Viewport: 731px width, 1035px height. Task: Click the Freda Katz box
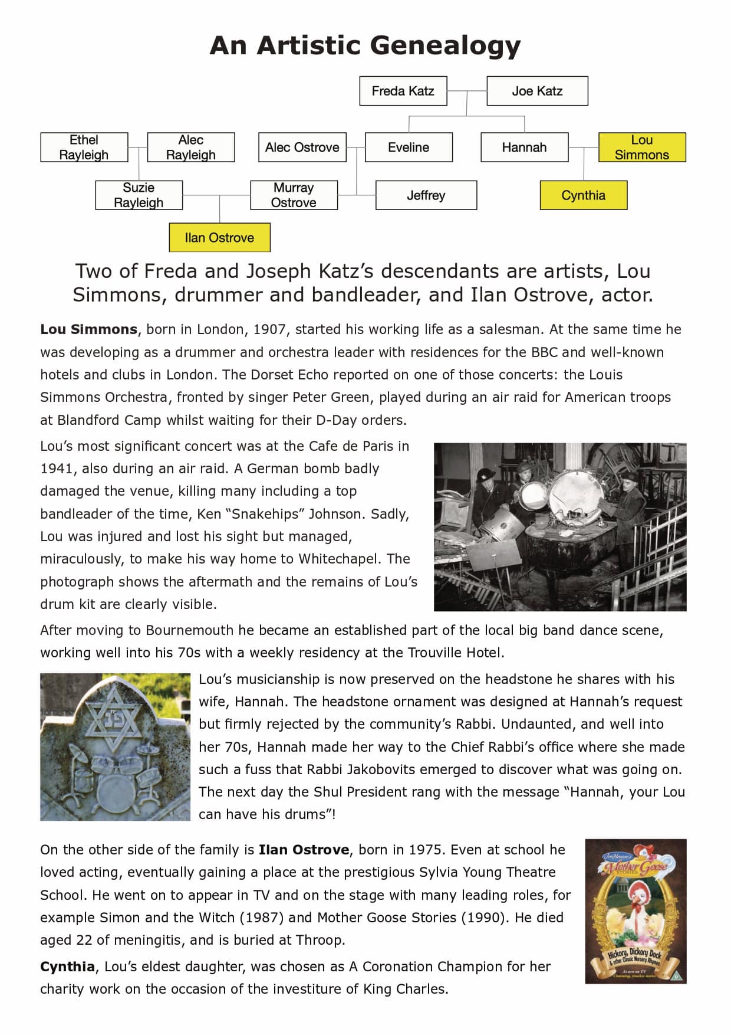[403, 91]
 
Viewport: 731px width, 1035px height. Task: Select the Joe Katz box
[537, 91]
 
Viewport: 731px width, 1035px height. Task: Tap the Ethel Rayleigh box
[84, 147]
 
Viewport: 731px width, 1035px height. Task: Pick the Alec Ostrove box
[302, 147]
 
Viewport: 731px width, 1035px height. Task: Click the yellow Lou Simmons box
[642, 147]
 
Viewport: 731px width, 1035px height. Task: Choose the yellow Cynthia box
[583, 195]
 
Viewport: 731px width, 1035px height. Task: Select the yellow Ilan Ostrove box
[219, 238]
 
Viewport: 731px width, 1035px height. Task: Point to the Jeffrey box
[426, 195]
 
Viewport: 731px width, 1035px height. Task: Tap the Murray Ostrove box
[294, 195]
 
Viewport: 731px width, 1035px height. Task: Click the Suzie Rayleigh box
[139, 195]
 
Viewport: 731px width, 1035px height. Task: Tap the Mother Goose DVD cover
[635, 911]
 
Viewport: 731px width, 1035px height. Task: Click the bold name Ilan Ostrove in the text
[304, 850]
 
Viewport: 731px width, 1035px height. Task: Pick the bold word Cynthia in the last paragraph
[67, 967]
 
